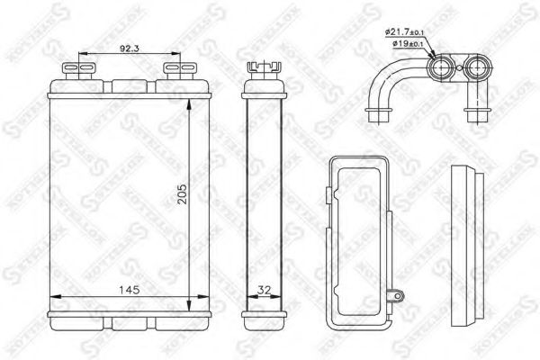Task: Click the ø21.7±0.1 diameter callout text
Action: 409,31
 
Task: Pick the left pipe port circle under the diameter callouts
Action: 443,67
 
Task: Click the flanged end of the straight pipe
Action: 477,115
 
